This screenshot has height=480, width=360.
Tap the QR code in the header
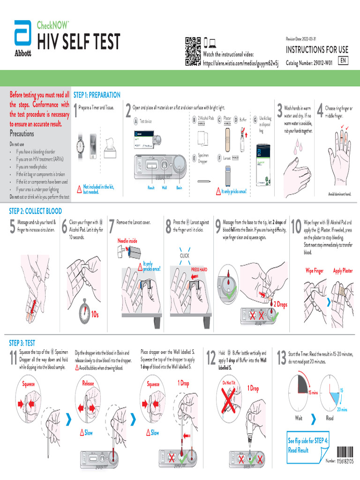click(193, 51)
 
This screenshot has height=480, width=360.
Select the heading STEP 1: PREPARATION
click(97, 95)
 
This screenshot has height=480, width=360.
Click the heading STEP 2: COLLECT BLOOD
click(36, 211)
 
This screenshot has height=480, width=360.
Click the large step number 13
click(282, 358)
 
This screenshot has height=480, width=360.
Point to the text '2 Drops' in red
click(280, 304)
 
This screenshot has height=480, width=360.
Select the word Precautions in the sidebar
click(22, 133)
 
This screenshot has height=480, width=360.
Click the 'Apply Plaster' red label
click(343, 270)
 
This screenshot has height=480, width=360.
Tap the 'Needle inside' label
click(127, 240)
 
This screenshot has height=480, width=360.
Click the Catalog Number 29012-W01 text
click(309, 62)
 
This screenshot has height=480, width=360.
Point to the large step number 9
click(217, 227)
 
